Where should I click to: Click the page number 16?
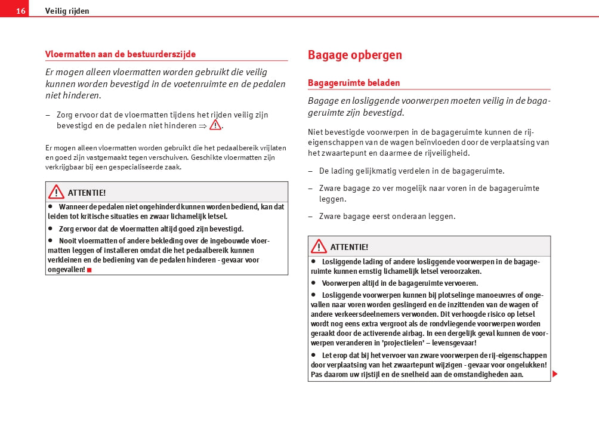pyautogui.click(x=20, y=11)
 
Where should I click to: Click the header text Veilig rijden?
pyautogui.click(x=67, y=11)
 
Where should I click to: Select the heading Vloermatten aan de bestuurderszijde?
pyautogui.click(x=121, y=54)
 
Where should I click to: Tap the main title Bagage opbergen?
pyautogui.click(x=354, y=55)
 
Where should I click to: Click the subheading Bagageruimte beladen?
pyautogui.click(x=354, y=83)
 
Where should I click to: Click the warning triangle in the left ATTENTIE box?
pyautogui.click(x=56, y=192)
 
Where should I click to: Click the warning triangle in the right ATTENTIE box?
pyautogui.click(x=319, y=246)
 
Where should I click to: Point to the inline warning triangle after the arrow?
pyautogui.click(x=215, y=125)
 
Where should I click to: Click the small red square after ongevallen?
pyautogui.click(x=89, y=270)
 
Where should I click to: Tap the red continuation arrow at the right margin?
pyautogui.click(x=555, y=374)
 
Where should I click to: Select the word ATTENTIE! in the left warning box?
pyautogui.click(x=87, y=193)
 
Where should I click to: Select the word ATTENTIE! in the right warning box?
pyautogui.click(x=349, y=247)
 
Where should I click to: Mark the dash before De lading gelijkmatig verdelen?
pyautogui.click(x=310, y=171)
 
